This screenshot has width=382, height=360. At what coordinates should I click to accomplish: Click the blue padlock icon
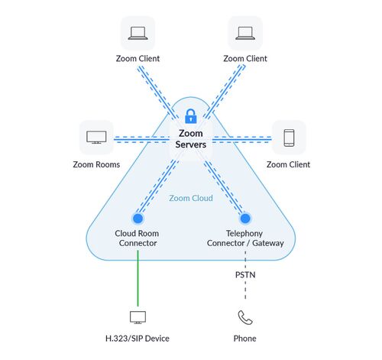click(x=191, y=116)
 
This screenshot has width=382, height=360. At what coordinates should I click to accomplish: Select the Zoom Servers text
click(x=191, y=139)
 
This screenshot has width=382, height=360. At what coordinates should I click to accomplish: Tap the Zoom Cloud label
click(x=191, y=198)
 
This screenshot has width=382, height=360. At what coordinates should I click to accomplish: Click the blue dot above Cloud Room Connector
click(x=138, y=219)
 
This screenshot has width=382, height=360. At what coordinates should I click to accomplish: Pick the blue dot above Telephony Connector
click(x=245, y=219)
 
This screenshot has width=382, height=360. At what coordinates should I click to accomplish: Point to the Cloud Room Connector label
click(x=138, y=238)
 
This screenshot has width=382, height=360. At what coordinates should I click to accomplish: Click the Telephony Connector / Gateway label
click(x=245, y=238)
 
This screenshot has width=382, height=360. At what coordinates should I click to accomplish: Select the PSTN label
click(x=245, y=275)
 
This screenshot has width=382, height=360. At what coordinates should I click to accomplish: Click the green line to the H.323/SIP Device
click(x=138, y=278)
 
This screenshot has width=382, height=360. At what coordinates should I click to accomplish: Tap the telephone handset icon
click(x=245, y=318)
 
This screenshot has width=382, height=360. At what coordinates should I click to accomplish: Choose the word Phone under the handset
click(x=245, y=339)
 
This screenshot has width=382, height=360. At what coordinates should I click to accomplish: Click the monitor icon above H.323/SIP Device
click(x=138, y=317)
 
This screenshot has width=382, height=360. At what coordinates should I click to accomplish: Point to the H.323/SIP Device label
click(x=138, y=339)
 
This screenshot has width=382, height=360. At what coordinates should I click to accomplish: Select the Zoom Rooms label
click(x=96, y=164)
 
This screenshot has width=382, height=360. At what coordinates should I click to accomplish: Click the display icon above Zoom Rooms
click(x=96, y=138)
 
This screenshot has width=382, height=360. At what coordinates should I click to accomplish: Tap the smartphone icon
click(x=289, y=138)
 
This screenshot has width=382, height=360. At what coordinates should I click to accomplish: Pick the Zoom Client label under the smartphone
click(x=289, y=164)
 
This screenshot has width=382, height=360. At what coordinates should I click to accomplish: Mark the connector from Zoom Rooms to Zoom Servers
click(x=141, y=139)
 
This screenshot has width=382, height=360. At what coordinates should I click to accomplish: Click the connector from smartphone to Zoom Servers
click(x=242, y=139)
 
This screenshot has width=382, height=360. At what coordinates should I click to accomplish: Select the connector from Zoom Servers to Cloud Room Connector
click(x=157, y=187)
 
